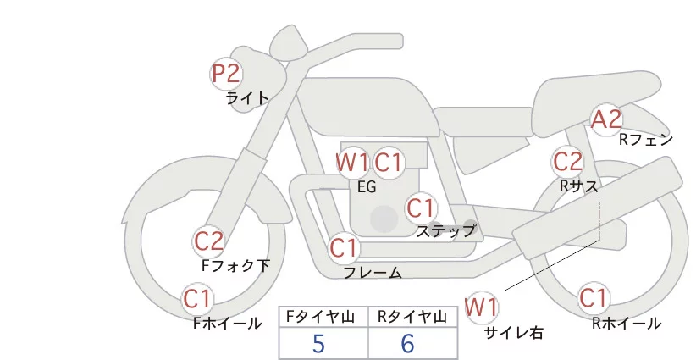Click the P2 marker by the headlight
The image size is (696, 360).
click(x=226, y=74)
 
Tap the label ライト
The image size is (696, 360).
click(x=247, y=97)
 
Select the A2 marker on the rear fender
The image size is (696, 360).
click(x=606, y=120)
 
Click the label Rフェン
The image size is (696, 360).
click(x=645, y=140)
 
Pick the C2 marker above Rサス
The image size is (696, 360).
click(x=567, y=161)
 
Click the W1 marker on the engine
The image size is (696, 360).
click(x=352, y=162)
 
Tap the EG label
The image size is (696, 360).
click(x=367, y=187)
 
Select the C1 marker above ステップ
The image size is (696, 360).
click(x=420, y=208)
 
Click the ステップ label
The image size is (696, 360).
click(x=445, y=230)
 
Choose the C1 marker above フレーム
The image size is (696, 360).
click(x=344, y=249)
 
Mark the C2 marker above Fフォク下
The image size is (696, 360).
click(x=208, y=242)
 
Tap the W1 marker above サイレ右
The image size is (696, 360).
click(x=482, y=306)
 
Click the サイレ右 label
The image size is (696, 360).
click(x=513, y=333)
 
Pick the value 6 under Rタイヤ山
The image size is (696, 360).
click(x=407, y=343)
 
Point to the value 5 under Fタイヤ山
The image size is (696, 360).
click(x=318, y=343)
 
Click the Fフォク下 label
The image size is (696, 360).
click(x=235, y=265)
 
